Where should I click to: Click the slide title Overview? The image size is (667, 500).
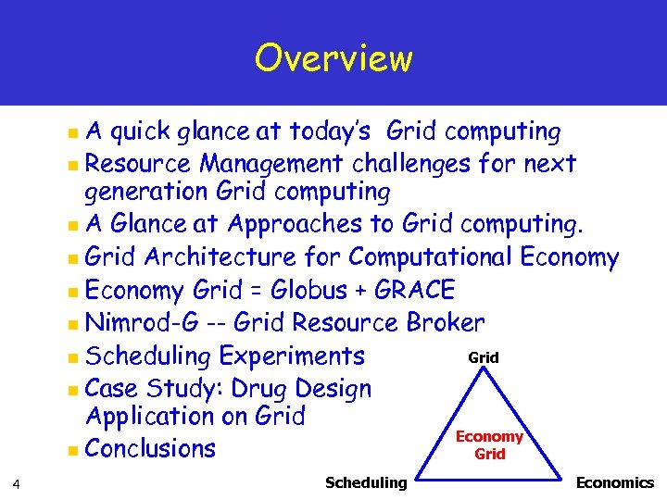[333, 58]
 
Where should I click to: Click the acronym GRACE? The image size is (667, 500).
[415, 290]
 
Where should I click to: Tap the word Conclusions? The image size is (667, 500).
[150, 449]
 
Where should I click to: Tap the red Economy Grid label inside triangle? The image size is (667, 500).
[489, 445]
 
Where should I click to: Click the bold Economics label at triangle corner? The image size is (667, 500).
[614, 482]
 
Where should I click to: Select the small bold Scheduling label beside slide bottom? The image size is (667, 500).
[366, 482]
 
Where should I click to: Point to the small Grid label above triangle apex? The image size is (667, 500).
[484, 356]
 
